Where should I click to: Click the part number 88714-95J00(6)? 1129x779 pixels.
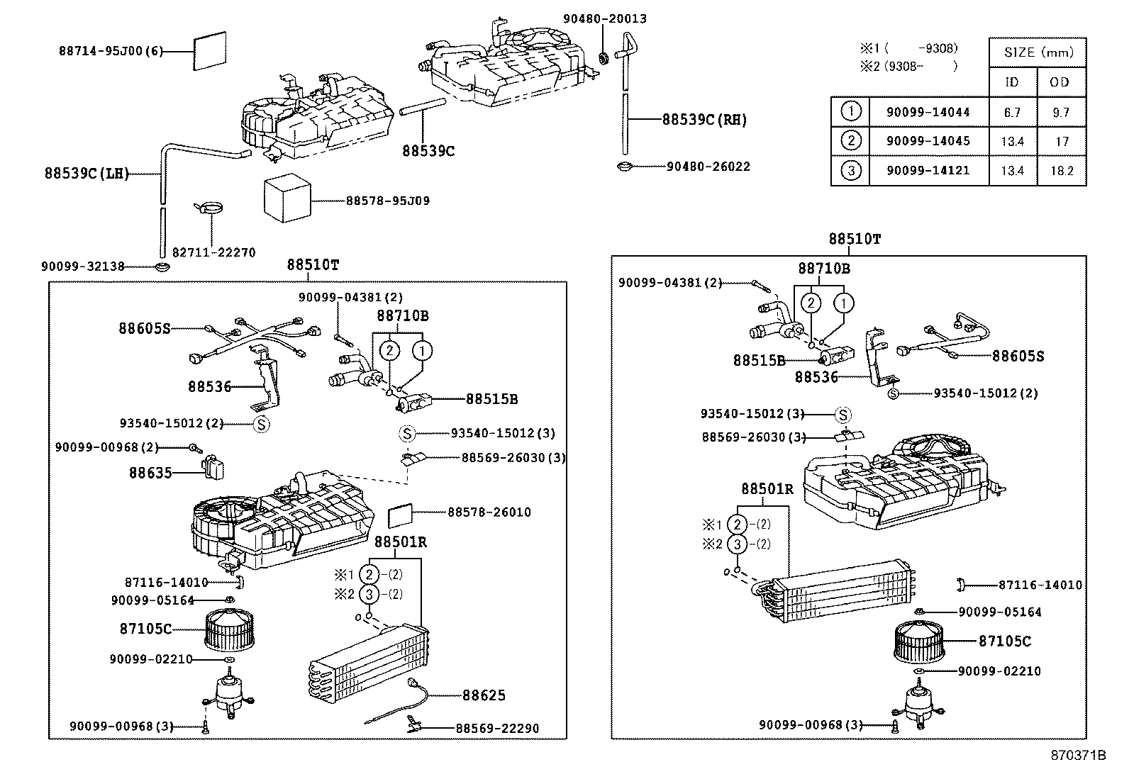pyautogui.click(x=110, y=51)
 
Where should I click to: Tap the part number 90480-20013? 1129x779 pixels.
pyautogui.click(x=604, y=19)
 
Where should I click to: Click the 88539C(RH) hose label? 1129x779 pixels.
pyautogui.click(x=704, y=120)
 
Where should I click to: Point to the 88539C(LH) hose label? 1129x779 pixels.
pyautogui.click(x=87, y=174)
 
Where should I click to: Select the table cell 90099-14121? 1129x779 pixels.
pyautogui.click(x=928, y=171)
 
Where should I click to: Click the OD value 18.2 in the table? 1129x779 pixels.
pyautogui.click(x=1061, y=171)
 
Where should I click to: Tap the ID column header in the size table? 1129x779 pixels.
pyautogui.click(x=1012, y=82)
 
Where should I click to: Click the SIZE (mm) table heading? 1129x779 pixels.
pyautogui.click(x=1038, y=52)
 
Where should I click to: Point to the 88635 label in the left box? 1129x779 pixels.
pyautogui.click(x=150, y=473)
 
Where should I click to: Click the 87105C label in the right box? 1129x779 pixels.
pyautogui.click(x=1004, y=641)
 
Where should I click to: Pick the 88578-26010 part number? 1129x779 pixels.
pyautogui.click(x=489, y=512)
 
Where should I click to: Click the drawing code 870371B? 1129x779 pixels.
pyautogui.click(x=1078, y=755)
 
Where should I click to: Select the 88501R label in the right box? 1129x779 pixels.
pyautogui.click(x=767, y=489)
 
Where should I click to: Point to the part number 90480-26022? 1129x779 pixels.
pyautogui.click(x=708, y=167)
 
